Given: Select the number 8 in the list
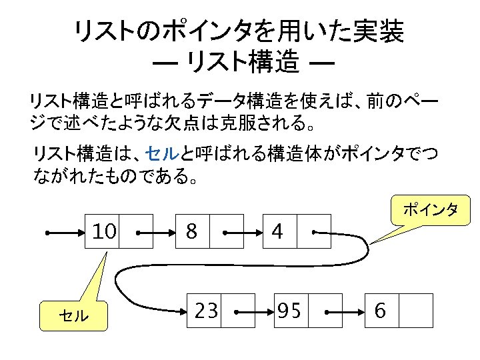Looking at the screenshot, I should (x=191, y=232).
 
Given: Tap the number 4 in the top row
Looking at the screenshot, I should (x=277, y=232).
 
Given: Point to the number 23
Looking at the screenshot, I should (x=205, y=311).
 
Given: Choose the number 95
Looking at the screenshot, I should (x=289, y=311).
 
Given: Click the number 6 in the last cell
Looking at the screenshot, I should (x=381, y=311).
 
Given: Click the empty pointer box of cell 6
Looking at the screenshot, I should (x=416, y=311).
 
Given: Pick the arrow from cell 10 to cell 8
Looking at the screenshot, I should (x=157, y=233).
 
